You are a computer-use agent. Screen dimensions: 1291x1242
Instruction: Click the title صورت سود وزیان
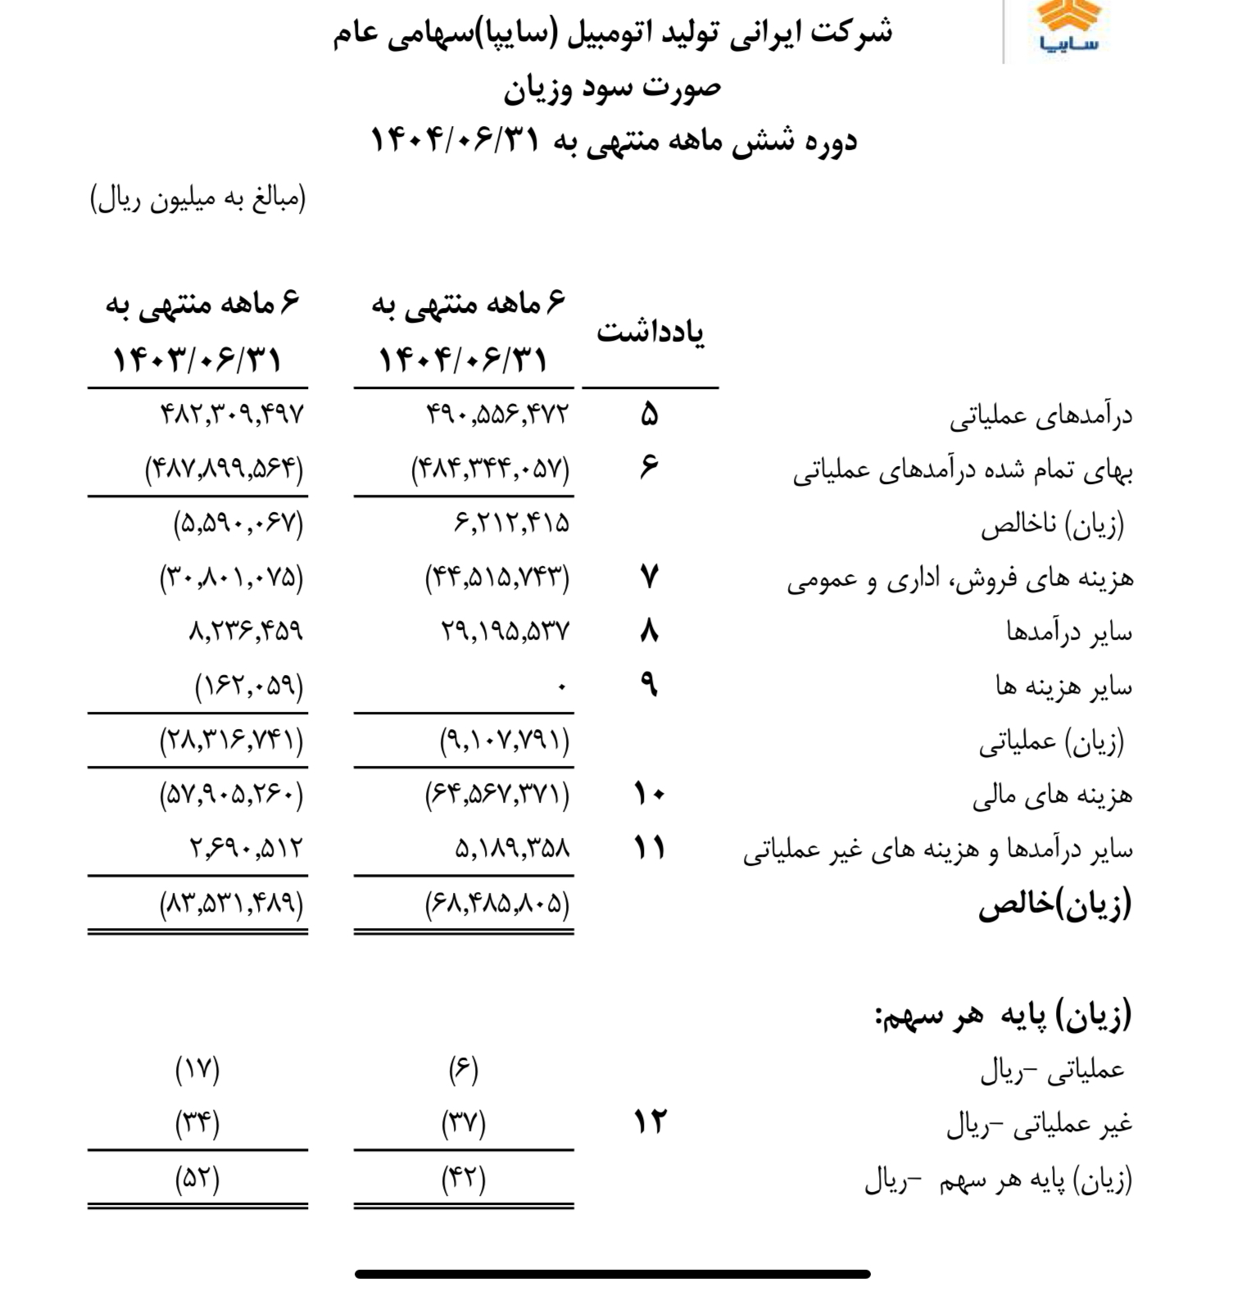(x=612, y=88)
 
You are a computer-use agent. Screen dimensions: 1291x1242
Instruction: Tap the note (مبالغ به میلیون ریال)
(x=197, y=199)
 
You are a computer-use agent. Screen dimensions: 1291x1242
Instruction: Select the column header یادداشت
(x=650, y=332)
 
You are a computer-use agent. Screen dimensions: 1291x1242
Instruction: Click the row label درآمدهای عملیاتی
(x=1040, y=416)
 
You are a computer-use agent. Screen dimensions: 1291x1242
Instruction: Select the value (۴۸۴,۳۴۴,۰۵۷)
(x=490, y=469)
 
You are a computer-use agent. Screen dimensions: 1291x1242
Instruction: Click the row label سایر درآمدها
(x=1069, y=632)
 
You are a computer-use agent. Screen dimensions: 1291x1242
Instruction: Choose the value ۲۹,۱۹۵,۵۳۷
(x=505, y=632)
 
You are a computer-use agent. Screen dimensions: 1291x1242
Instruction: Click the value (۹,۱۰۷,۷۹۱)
(x=505, y=741)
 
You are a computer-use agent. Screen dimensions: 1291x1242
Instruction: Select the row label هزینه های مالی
(x=1053, y=795)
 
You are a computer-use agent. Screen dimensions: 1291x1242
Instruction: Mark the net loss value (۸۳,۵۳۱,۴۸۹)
(x=232, y=904)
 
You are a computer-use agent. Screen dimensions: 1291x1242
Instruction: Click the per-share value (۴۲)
(x=464, y=1180)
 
